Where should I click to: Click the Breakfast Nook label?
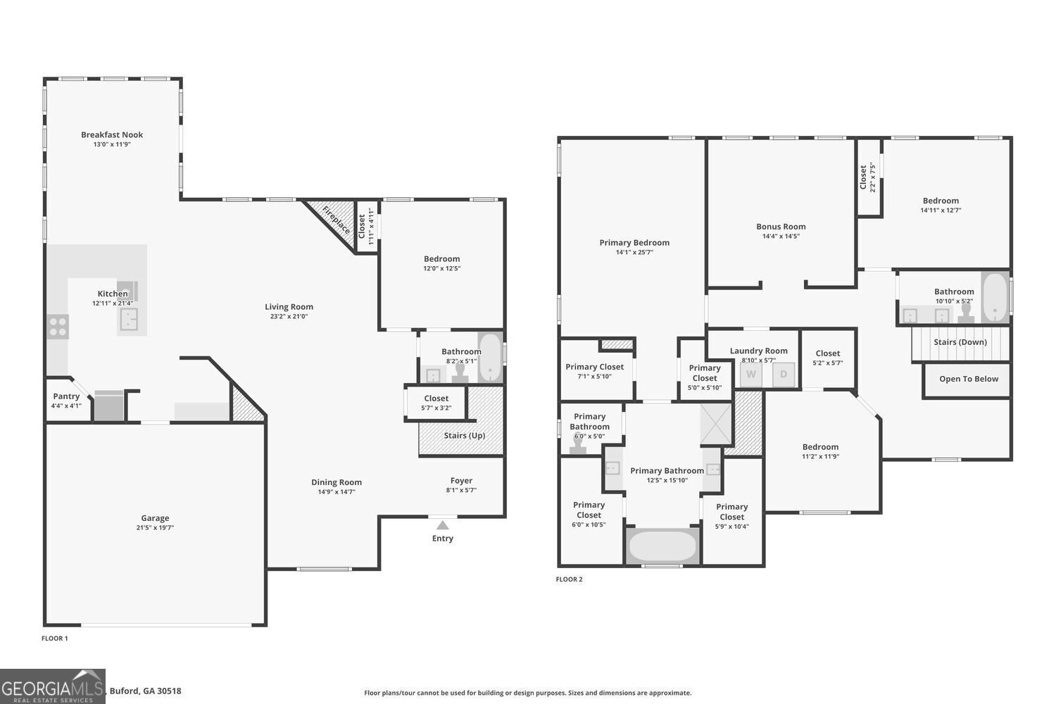point(112,134)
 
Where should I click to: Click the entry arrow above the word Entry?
point(442,525)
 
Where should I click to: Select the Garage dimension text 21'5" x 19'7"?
point(155,527)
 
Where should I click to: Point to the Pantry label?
point(66,396)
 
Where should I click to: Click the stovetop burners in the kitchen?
point(58,327)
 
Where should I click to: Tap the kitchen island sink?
point(128,320)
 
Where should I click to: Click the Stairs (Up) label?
point(464,435)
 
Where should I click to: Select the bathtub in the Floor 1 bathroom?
point(490,357)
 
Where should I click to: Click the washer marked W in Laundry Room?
point(751,374)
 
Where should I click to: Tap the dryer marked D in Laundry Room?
point(784,374)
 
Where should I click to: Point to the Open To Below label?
point(969,379)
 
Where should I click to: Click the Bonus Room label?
point(781,227)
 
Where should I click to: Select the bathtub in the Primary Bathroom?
point(662,546)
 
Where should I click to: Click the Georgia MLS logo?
point(53,686)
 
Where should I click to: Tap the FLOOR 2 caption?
point(569,579)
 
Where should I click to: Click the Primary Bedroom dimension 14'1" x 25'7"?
point(634,252)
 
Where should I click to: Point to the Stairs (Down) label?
point(960,342)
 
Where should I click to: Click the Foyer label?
point(461,481)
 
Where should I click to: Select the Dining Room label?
point(337,482)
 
